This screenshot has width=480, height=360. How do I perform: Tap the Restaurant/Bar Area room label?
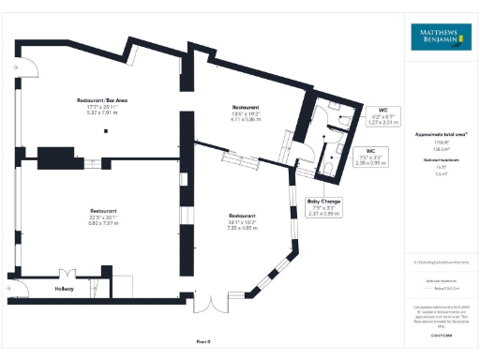(104, 99)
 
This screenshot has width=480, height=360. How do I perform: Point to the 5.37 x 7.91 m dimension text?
(104, 112)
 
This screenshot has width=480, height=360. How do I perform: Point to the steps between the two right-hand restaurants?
(238, 160)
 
